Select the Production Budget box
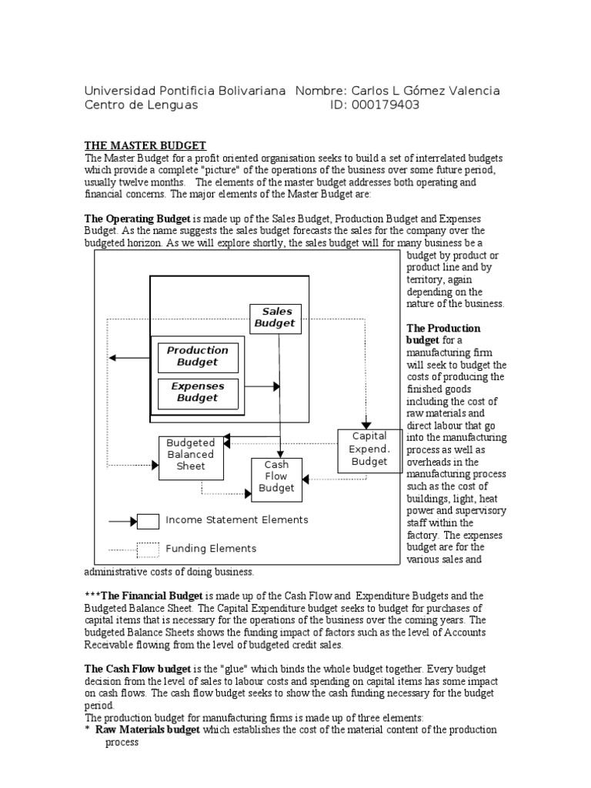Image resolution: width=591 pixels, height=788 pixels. click(198, 356)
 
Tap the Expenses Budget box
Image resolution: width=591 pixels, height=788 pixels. click(198, 392)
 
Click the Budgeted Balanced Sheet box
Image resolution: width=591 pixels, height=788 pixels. click(191, 455)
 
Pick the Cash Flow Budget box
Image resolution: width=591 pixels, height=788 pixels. click(276, 477)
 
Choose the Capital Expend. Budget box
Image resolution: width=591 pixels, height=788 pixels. click(369, 449)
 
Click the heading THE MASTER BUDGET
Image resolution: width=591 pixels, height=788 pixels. click(145, 145)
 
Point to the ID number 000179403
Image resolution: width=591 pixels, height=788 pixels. click(386, 105)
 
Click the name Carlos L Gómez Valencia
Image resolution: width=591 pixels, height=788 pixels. click(424, 91)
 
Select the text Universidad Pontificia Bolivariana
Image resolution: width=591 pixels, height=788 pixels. click(185, 91)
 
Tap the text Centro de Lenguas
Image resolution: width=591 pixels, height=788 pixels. click(141, 105)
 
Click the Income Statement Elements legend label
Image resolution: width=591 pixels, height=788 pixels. click(237, 520)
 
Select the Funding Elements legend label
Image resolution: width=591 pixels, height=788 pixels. click(211, 549)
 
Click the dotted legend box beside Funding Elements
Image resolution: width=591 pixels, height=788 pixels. click(148, 549)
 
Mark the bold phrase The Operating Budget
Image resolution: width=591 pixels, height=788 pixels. click(137, 219)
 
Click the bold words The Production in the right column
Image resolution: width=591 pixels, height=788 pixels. click(442, 329)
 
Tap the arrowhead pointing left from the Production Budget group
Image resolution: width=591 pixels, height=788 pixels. click(112, 358)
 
